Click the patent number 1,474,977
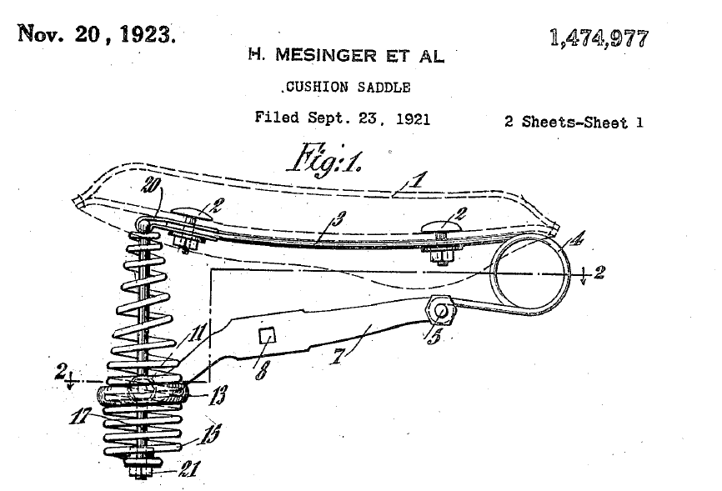tap(599, 38)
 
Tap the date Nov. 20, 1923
tap(97, 33)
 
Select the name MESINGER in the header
tap(326, 55)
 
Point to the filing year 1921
tap(413, 119)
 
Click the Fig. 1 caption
tap(324, 159)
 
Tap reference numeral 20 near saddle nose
tap(152, 185)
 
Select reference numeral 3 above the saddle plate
tap(338, 218)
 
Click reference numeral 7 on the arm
tap(338, 357)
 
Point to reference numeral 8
tap(262, 370)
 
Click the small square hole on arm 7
tap(267, 336)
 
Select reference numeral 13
tap(218, 395)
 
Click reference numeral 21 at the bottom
tap(189, 469)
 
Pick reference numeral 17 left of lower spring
tap(81, 416)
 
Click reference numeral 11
tap(197, 332)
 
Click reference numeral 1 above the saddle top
tap(417, 179)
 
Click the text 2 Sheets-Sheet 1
tap(574, 122)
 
